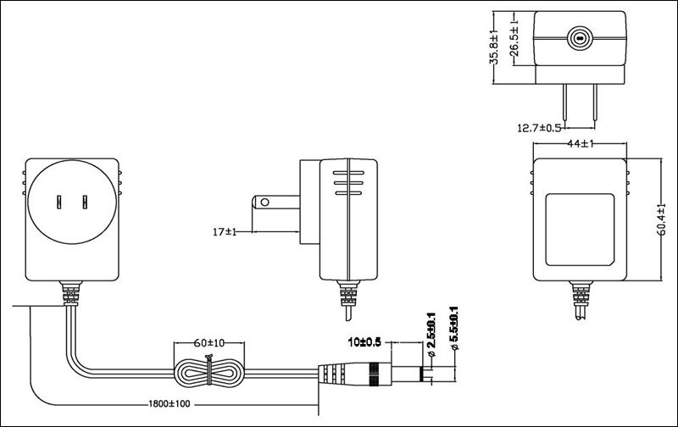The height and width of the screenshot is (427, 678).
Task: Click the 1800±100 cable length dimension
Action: (169, 404)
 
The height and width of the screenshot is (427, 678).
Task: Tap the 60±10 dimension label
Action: (209, 343)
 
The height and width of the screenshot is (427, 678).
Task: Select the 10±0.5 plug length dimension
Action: (364, 342)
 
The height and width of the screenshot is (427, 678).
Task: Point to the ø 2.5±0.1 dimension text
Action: (431, 335)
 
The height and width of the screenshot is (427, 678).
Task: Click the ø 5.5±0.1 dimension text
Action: (454, 329)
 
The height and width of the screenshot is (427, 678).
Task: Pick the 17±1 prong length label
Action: (225, 232)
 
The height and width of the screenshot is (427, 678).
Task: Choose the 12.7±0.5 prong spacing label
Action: (539, 128)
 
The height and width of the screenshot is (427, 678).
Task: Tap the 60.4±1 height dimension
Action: (662, 219)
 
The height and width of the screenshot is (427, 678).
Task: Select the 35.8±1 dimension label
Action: (494, 47)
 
